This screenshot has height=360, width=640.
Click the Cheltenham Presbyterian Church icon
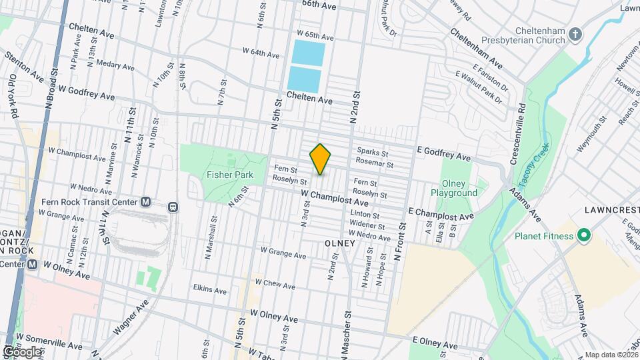click(577, 32)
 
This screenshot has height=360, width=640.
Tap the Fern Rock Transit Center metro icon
click(146, 201)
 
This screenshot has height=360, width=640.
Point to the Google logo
click(22, 351)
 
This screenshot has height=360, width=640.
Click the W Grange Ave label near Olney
click(283, 253)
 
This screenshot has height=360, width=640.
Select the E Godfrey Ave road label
click(444, 156)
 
